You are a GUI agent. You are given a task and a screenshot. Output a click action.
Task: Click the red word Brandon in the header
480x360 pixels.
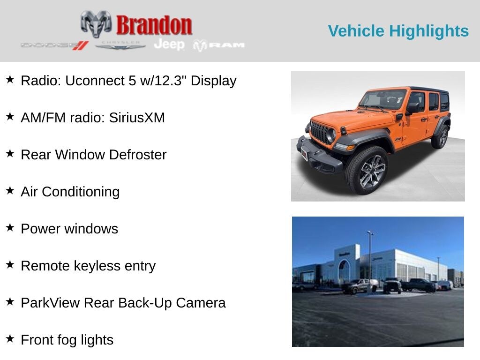tap(154, 25)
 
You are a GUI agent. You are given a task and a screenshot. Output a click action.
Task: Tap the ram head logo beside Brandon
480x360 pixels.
tap(96, 24)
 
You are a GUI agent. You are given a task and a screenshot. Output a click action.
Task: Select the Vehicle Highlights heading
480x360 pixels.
tap(398, 31)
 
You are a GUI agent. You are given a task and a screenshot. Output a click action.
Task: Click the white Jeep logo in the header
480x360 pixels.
tap(169, 45)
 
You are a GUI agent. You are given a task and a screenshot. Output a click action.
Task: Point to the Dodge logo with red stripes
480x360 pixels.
tap(55, 45)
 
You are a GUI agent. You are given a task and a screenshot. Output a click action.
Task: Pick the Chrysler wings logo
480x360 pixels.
tap(120, 45)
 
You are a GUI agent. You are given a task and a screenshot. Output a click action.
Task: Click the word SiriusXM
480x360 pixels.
tap(137, 118)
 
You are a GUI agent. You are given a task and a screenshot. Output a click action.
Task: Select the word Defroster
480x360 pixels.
tap(138, 155)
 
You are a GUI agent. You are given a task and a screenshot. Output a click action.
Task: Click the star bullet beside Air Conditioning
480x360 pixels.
tap(10, 190)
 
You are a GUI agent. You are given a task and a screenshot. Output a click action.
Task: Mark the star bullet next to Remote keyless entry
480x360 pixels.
tap(10, 264)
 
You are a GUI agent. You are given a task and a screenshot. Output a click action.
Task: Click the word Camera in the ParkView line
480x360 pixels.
tap(201, 303)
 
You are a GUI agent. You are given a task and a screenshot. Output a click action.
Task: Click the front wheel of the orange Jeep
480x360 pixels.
tap(367, 170)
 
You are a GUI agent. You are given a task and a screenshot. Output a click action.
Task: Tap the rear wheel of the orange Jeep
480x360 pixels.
tap(440, 136)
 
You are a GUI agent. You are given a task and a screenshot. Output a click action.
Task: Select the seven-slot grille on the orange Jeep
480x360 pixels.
tap(319, 133)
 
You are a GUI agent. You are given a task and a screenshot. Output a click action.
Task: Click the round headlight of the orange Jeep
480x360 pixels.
tap(331, 135)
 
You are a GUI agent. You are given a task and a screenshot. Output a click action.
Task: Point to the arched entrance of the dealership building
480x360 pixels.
tap(344, 272)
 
